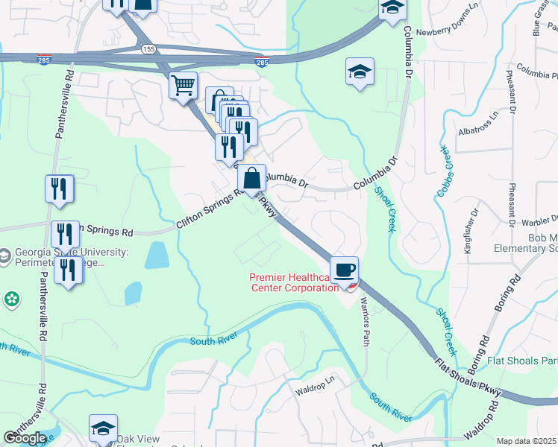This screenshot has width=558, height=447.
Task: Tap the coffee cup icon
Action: [344, 270]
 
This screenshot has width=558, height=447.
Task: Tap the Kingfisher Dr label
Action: [468, 233]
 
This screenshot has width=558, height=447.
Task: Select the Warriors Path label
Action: [365, 321]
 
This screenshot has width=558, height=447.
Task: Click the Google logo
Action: [25, 437]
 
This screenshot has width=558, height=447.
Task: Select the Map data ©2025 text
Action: [527, 441]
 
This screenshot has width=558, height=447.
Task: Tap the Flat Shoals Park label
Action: [522, 361]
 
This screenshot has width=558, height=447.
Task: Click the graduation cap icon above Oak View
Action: [103, 428]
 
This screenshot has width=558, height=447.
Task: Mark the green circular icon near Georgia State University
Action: [11, 299]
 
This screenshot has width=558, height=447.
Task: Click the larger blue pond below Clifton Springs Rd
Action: [157, 255]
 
